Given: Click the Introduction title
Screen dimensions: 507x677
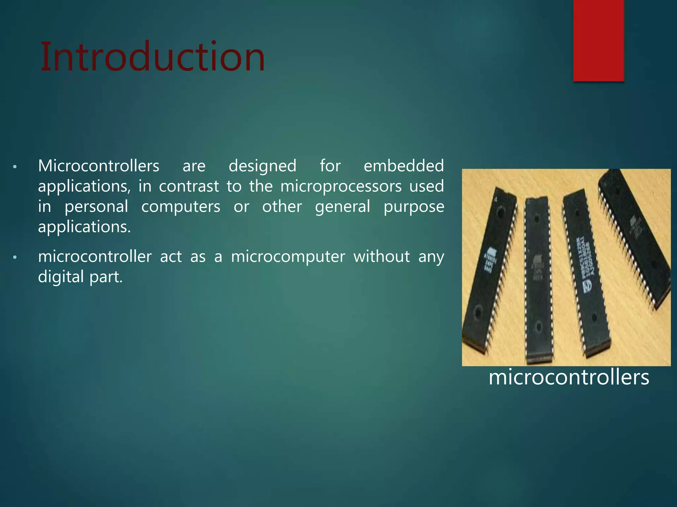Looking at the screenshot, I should (152, 57).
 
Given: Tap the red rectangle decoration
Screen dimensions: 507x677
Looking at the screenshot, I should (598, 40).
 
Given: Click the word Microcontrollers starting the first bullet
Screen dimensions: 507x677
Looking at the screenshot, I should (99, 166).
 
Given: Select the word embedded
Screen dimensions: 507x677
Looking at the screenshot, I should (404, 166).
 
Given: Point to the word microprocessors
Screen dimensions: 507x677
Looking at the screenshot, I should (341, 186).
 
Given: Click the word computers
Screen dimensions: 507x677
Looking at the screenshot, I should (180, 207).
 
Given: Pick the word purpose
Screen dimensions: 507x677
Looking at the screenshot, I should (414, 207).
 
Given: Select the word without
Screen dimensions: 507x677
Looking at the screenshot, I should (381, 256).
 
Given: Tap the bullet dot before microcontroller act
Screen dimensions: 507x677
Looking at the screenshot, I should (15, 257).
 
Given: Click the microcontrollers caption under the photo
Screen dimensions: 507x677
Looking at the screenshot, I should (569, 377).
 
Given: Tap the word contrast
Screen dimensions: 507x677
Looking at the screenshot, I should (189, 186).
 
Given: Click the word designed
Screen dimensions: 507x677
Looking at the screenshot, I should (262, 166).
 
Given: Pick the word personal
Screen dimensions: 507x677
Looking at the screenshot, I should (96, 207).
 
